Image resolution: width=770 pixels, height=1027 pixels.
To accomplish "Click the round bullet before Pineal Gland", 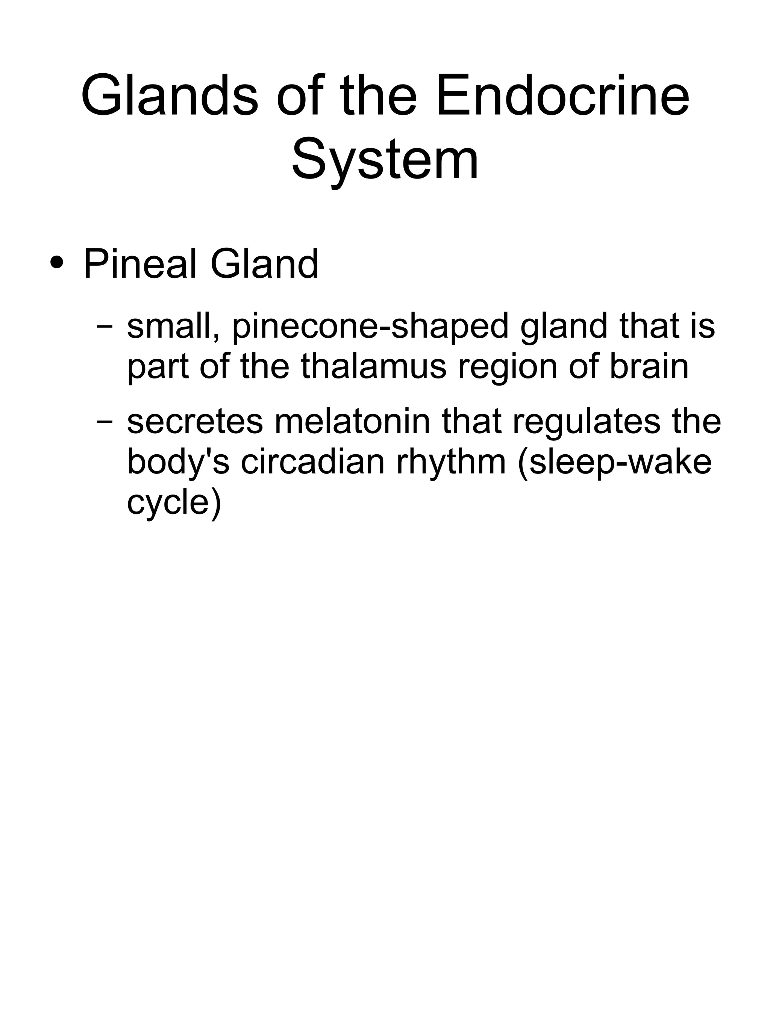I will point(57,263).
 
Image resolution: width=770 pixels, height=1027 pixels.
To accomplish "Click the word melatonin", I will point(353,422).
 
